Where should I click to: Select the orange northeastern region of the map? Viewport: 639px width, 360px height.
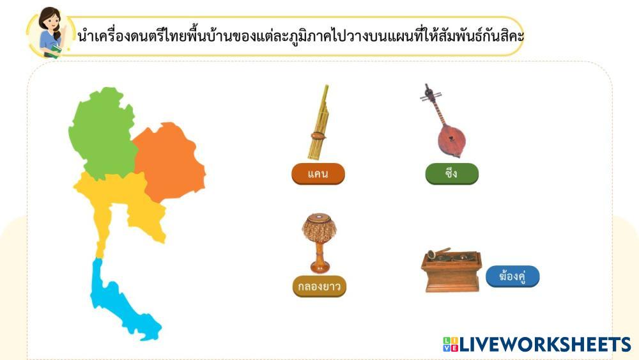click(x=169, y=161)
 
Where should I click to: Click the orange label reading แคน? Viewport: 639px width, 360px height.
click(x=318, y=174)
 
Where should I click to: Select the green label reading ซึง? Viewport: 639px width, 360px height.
click(x=452, y=174)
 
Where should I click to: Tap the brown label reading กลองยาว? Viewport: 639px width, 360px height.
click(x=319, y=286)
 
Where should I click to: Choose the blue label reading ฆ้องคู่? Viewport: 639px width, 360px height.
click(x=512, y=276)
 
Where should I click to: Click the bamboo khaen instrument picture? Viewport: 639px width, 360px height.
click(x=318, y=122)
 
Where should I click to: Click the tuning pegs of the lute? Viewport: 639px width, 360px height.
click(x=430, y=96)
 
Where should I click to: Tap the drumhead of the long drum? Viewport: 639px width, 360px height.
click(x=319, y=216)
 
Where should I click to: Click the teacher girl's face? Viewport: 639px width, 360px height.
click(x=50, y=22)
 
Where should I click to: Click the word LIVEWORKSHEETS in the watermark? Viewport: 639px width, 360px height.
click(x=545, y=345)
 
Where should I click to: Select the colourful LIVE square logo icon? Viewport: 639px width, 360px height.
click(x=450, y=345)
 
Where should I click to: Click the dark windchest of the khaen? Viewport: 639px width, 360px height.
click(x=318, y=136)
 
